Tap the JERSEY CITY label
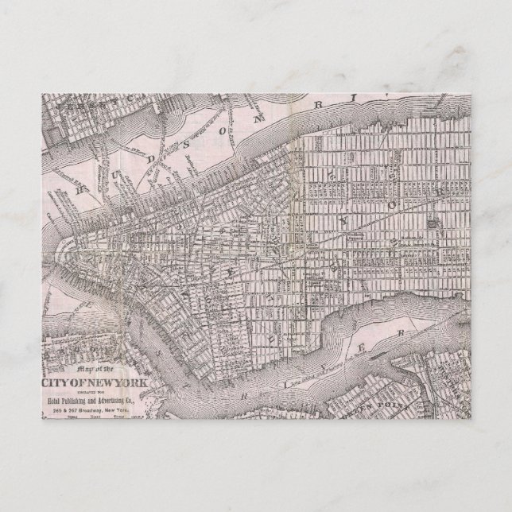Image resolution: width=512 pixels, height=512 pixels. (x=76, y=104)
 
